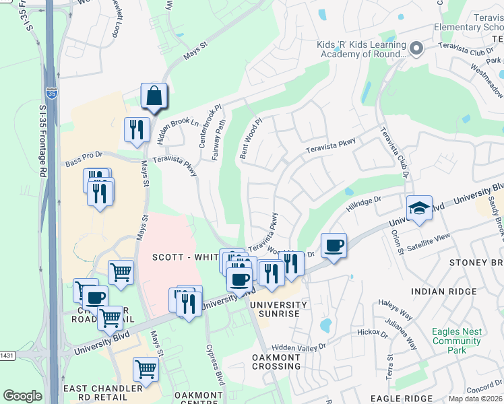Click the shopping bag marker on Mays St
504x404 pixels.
pyautogui.click(x=154, y=96)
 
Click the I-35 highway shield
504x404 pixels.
pyautogui.click(x=51, y=92)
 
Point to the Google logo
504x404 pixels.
pyautogui.click(x=22, y=396)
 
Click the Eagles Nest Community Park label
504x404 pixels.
pyautogui.click(x=457, y=341)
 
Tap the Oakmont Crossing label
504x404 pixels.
pyautogui.click(x=276, y=362)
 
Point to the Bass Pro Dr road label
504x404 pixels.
pyautogui.click(x=84, y=162)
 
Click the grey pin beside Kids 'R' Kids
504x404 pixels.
pyautogui.click(x=416, y=48)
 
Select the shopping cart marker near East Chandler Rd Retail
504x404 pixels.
pyautogui.click(x=146, y=370)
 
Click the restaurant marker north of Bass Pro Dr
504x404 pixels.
pyautogui.click(x=137, y=129)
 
